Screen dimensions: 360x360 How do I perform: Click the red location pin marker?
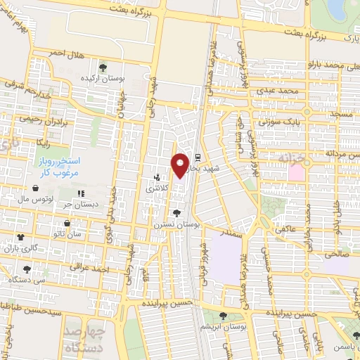click(x=181, y=165)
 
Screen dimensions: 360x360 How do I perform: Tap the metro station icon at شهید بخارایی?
click(x=198, y=157)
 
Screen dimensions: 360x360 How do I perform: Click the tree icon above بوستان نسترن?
click(x=176, y=213)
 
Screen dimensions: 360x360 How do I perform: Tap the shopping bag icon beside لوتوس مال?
click(x=36, y=188)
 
